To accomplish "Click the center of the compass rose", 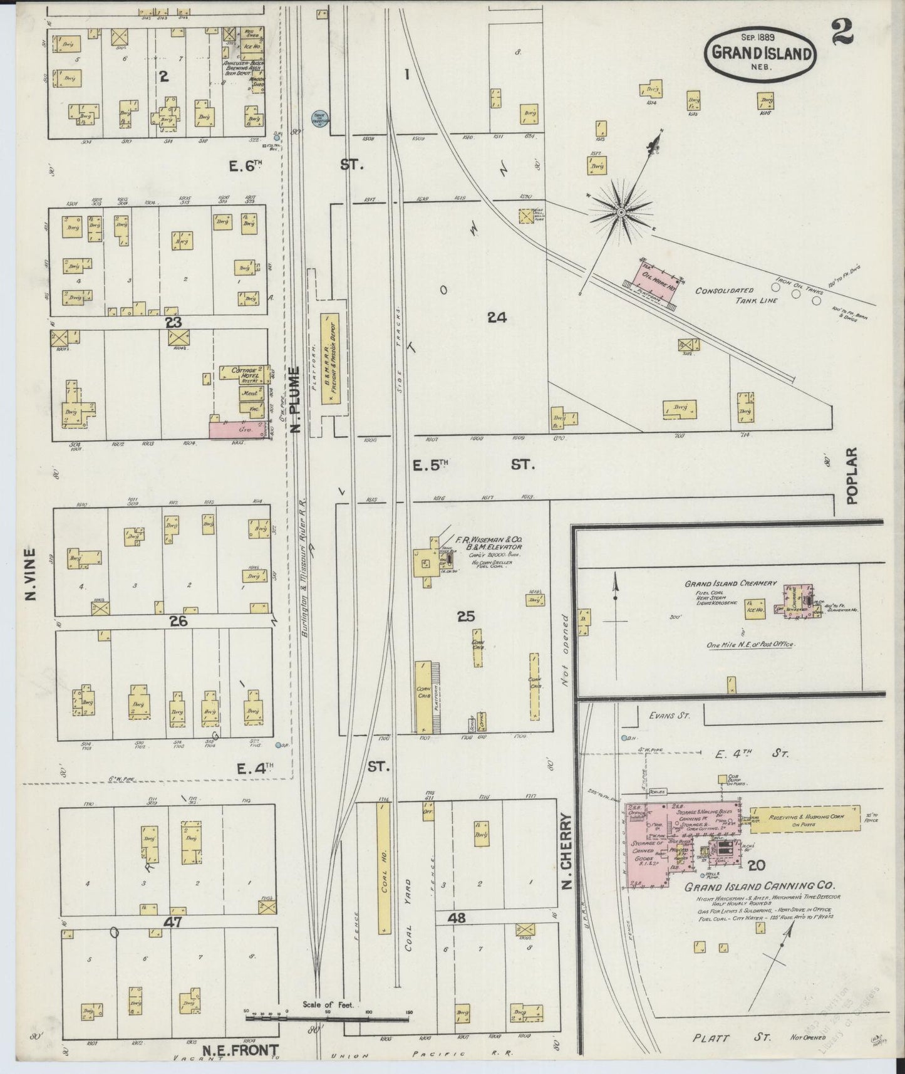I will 621,213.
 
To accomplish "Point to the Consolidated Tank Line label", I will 733,295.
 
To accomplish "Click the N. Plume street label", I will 296,401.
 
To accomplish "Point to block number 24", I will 497,318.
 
